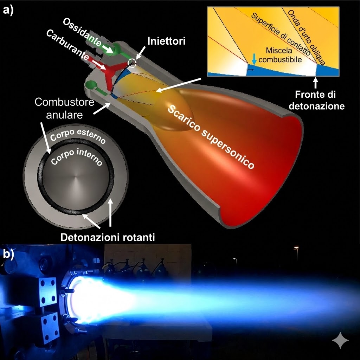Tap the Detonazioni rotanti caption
(x=108, y=237)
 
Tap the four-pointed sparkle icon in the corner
(x=340, y=340)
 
